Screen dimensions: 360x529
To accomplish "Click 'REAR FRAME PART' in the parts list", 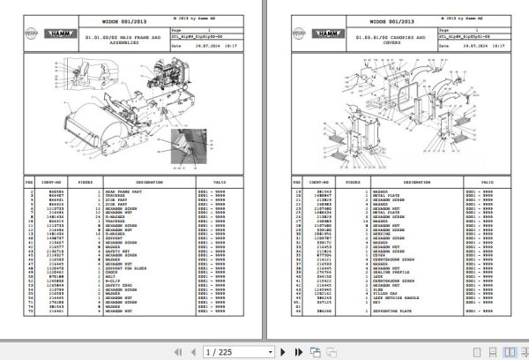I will pos(123,191).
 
